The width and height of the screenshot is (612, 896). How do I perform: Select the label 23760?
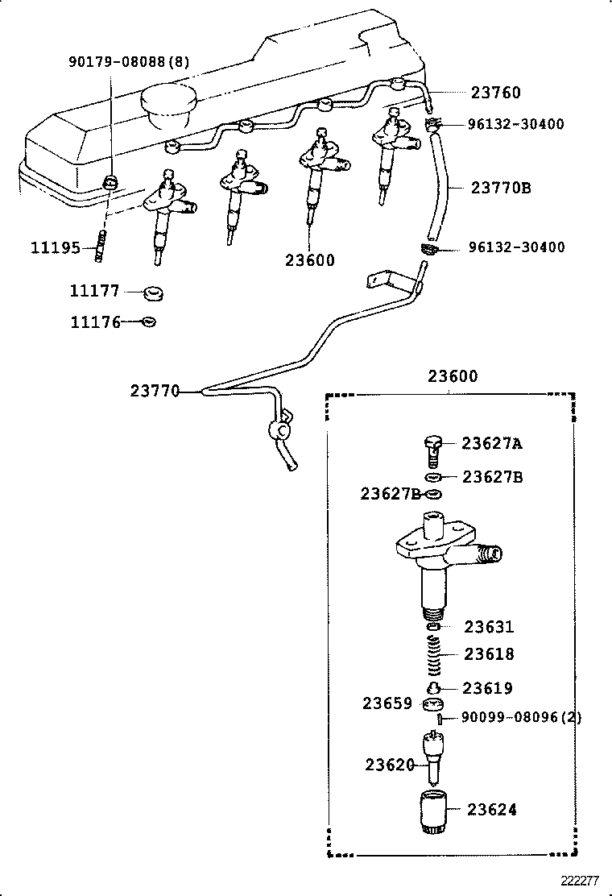(495, 93)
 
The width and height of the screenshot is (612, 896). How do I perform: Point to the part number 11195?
(56, 247)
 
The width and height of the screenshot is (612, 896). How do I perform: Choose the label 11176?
(95, 322)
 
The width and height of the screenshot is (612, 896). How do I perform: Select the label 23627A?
(492, 442)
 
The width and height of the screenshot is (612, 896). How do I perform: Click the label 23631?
(489, 627)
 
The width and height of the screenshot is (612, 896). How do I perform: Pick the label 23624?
(490, 810)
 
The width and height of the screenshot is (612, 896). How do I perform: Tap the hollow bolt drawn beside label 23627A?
(434, 448)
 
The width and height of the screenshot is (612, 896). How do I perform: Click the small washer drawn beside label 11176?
(147, 322)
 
